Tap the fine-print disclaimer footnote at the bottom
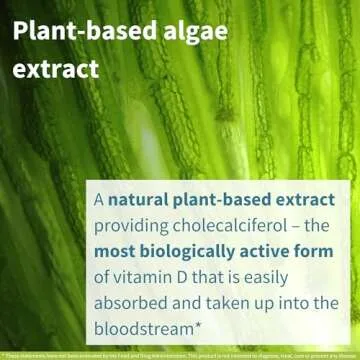point(180,354)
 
